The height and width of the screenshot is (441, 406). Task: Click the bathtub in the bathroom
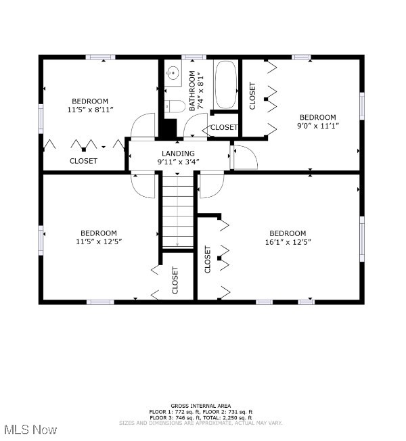pyautogui.click(x=225, y=85)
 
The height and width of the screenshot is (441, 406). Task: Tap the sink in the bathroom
pyautogui.click(x=173, y=73)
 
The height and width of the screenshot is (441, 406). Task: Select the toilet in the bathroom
pyautogui.click(x=175, y=106)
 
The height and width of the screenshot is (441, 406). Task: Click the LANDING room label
pyautogui.click(x=178, y=154)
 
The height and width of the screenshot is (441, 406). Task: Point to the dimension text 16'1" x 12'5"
pyautogui.click(x=288, y=242)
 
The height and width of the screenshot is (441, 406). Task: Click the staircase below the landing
pyautogui.click(x=177, y=211)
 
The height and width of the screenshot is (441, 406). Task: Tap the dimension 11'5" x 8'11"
pyautogui.click(x=90, y=110)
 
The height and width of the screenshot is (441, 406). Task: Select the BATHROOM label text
pyautogui.click(x=192, y=91)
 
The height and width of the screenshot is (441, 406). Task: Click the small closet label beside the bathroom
pyautogui.click(x=224, y=127)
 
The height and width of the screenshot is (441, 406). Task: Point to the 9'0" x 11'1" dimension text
pyautogui.click(x=317, y=125)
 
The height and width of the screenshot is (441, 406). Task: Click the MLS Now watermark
pyautogui.click(x=30, y=430)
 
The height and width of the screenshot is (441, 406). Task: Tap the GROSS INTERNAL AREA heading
pyautogui.click(x=200, y=406)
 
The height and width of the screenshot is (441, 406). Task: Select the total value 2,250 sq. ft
pyautogui.click(x=234, y=417)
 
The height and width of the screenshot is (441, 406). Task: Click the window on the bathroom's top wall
pyautogui.click(x=194, y=57)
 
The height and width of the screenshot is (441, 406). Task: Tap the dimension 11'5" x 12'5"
pyautogui.click(x=99, y=241)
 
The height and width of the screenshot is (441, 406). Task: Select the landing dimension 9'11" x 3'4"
pyautogui.click(x=178, y=162)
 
